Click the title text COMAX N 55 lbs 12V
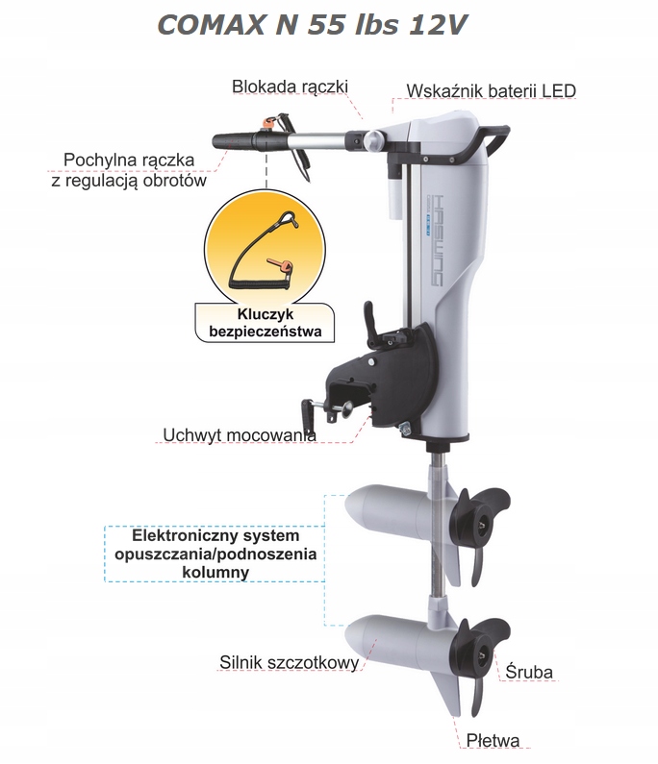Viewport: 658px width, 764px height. pos(313,26)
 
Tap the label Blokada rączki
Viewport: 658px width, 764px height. pos(290,86)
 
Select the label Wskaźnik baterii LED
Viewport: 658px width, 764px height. pos(491,91)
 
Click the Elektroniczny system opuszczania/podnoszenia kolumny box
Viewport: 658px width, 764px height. pos(215,553)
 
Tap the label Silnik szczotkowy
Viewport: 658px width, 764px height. pos(289,662)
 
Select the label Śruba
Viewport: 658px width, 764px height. pos(529,672)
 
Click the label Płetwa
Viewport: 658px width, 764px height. pos(493,741)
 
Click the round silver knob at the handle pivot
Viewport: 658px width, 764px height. pos(369,141)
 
